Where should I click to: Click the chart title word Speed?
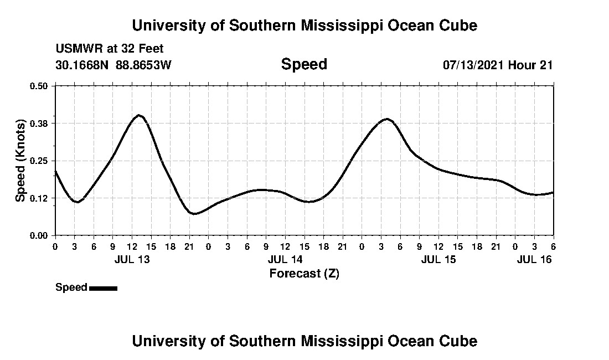coord(304,64)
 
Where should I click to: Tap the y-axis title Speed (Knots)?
coord(20,160)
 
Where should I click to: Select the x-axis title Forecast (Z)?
coord(304,274)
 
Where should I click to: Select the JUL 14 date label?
coord(285,259)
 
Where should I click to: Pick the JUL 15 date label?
coord(438,259)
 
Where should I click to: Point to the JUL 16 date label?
coord(534,259)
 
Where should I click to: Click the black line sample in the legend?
coord(103,288)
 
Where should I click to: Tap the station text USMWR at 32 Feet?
coord(110,49)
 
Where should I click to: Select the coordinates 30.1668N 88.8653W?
coord(113,65)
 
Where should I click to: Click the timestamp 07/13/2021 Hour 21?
coord(498,65)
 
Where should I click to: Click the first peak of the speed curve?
coord(139,115)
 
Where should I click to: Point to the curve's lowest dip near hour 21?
coord(194,213)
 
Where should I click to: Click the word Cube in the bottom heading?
coord(461,341)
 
